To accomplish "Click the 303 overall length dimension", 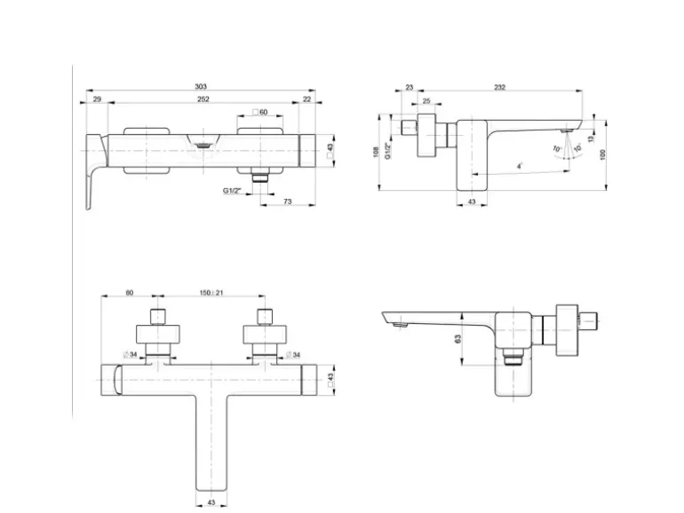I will coord(203,86).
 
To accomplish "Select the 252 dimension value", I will coord(203,99).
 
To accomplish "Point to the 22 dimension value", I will coord(307,99).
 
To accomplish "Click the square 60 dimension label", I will coord(259,112).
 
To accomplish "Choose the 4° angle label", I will coord(520,166).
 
